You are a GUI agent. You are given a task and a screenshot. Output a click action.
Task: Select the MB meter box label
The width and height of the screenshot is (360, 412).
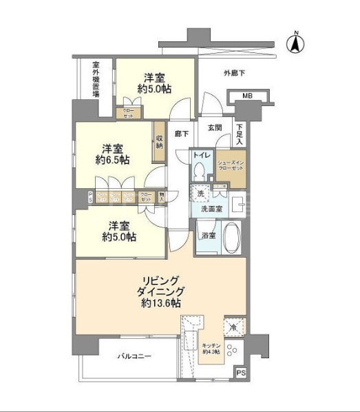pyautogui.click(x=246, y=98)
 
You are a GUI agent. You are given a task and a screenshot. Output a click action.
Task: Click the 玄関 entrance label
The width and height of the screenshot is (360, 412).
pyautogui.click(x=214, y=127)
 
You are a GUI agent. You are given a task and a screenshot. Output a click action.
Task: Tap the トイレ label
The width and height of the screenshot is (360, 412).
pyautogui.click(x=201, y=156)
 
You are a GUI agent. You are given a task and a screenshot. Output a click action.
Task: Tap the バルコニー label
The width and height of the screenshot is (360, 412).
pyautogui.click(x=132, y=356)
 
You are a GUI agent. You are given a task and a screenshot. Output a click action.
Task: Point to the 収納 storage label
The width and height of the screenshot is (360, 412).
pyautogui.click(x=159, y=141)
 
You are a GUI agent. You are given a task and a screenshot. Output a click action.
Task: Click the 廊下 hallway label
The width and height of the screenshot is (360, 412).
pyautogui.click(x=181, y=135)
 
